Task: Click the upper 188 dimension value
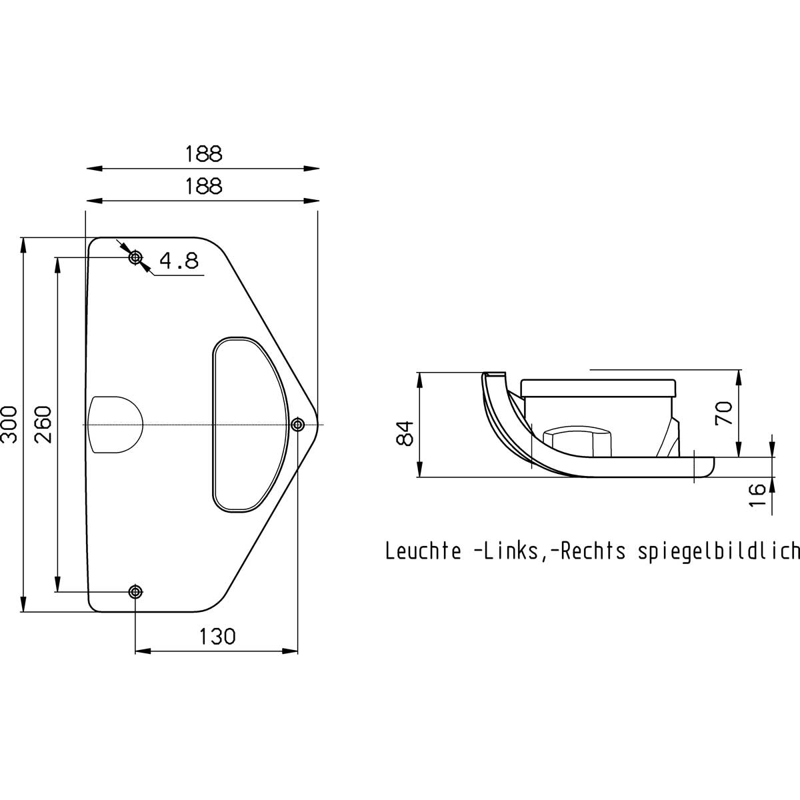[x=203, y=153]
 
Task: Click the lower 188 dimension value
[x=203, y=186]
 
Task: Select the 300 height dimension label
[x=9, y=425]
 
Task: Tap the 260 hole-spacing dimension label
[x=43, y=425]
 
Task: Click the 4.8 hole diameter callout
[x=179, y=261]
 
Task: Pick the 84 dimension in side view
[x=405, y=433]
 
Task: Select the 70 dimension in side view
[x=723, y=413]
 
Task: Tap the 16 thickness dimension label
[x=757, y=495]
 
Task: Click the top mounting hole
[x=135, y=258]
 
